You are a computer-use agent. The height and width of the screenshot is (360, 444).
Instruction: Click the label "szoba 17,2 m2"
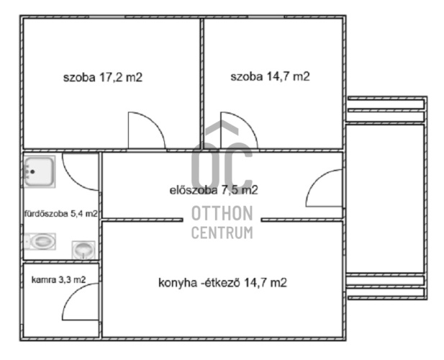click(x=103, y=77)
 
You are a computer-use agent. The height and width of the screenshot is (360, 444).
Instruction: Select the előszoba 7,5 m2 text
click(x=214, y=190)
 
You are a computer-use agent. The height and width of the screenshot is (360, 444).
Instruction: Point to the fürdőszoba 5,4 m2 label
click(x=61, y=214)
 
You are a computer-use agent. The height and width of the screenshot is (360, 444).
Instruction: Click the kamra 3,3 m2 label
click(x=58, y=280)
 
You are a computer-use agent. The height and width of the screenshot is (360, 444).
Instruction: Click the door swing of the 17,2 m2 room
click(x=154, y=122)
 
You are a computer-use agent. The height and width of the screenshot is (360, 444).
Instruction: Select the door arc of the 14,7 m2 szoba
click(x=247, y=122)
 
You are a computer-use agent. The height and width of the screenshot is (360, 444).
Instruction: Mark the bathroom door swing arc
click(x=73, y=179)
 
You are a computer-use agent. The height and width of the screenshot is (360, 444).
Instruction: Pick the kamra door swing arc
click(x=73, y=294)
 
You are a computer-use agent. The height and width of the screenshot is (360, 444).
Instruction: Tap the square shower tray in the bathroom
click(x=39, y=171)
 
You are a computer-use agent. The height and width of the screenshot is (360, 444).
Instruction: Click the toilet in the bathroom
click(x=40, y=241)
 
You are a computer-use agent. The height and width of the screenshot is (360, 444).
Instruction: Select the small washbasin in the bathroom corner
click(x=83, y=250)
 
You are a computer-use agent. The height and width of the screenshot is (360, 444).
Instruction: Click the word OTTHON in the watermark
click(x=222, y=213)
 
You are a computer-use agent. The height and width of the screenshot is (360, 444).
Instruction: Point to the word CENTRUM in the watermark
click(x=222, y=233)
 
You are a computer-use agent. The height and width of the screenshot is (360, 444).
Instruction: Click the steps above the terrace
click(x=386, y=109)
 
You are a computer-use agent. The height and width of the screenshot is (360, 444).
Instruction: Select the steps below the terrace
click(x=386, y=287)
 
